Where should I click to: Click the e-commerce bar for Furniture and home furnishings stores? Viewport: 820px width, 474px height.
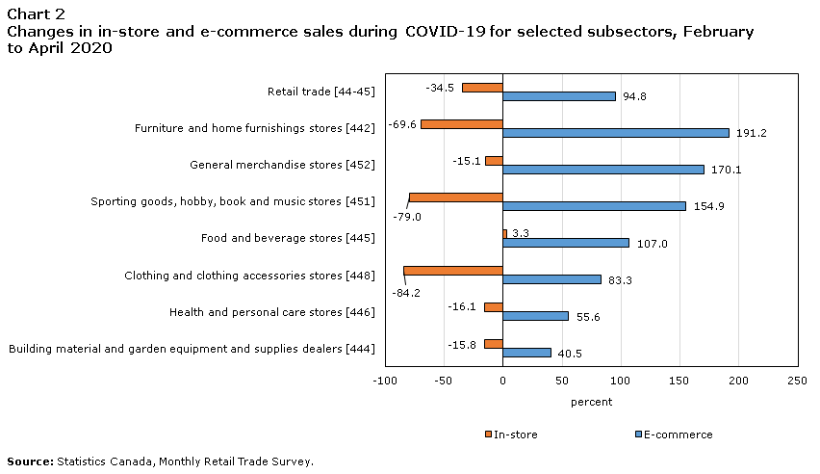(x=616, y=133)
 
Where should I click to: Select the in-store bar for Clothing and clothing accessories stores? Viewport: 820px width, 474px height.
(x=453, y=271)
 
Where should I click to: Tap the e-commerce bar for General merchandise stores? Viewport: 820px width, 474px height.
(x=603, y=170)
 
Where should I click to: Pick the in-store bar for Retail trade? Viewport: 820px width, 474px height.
(x=482, y=88)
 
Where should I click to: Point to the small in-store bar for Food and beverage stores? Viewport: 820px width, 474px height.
(x=504, y=234)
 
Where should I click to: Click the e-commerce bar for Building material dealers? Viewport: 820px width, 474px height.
(x=526, y=353)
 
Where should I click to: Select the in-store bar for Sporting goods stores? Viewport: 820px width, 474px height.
(x=456, y=197)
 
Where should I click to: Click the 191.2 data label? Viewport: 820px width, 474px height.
(x=751, y=133)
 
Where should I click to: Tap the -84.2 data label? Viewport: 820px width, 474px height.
(x=404, y=292)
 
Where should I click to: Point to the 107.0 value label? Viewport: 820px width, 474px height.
(x=652, y=244)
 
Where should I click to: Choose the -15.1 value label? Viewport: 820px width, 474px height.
(x=467, y=161)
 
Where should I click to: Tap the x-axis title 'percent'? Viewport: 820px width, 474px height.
(x=591, y=402)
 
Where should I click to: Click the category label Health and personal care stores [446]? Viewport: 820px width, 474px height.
(x=271, y=312)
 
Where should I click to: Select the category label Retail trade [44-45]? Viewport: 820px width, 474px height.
(x=320, y=92)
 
